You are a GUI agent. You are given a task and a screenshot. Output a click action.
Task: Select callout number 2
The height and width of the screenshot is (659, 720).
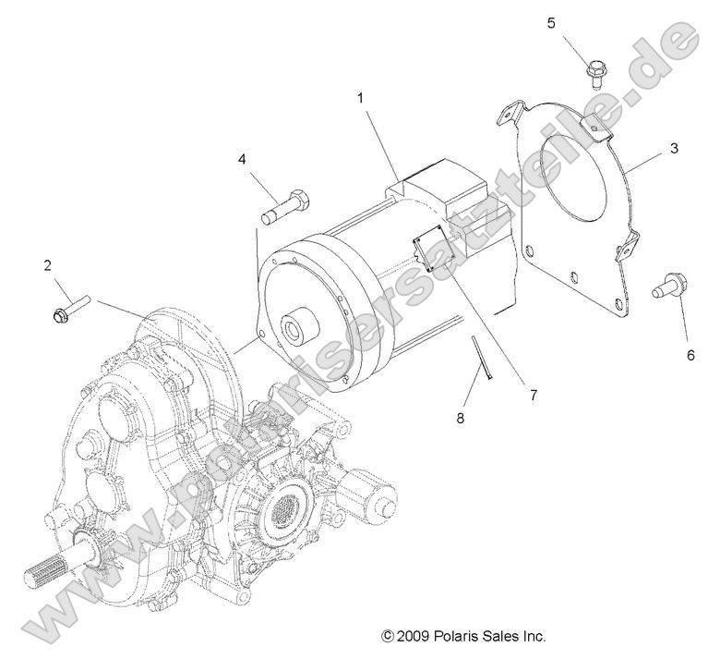pos(47,266)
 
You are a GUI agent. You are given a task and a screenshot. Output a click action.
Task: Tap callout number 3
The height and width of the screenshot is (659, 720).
pos(675,148)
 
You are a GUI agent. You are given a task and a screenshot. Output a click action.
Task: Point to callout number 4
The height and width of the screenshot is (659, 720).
pos(243,159)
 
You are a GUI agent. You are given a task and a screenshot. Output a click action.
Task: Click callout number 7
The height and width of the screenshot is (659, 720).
pos(532,395)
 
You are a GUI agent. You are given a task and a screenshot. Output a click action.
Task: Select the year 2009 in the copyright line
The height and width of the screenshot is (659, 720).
pos(413,637)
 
